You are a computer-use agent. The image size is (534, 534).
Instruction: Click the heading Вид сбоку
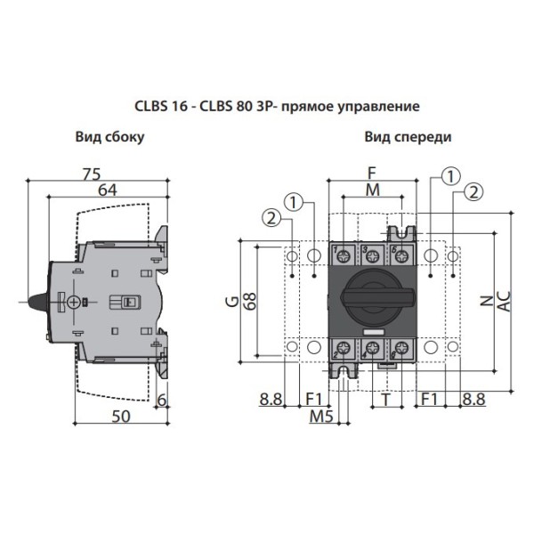pyautogui.click(x=109, y=137)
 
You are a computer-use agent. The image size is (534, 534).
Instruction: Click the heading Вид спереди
pyautogui.click(x=407, y=137)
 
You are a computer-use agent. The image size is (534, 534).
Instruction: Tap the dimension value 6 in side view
pyautogui.click(x=161, y=400)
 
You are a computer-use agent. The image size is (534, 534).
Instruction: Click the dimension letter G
pyautogui.click(x=230, y=303)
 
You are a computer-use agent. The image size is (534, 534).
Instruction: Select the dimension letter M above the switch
pyautogui.click(x=371, y=190)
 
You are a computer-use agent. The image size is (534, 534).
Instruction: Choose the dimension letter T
pyautogui.click(x=384, y=400)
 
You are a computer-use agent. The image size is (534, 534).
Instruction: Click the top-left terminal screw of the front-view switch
pyautogui.click(x=341, y=256)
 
